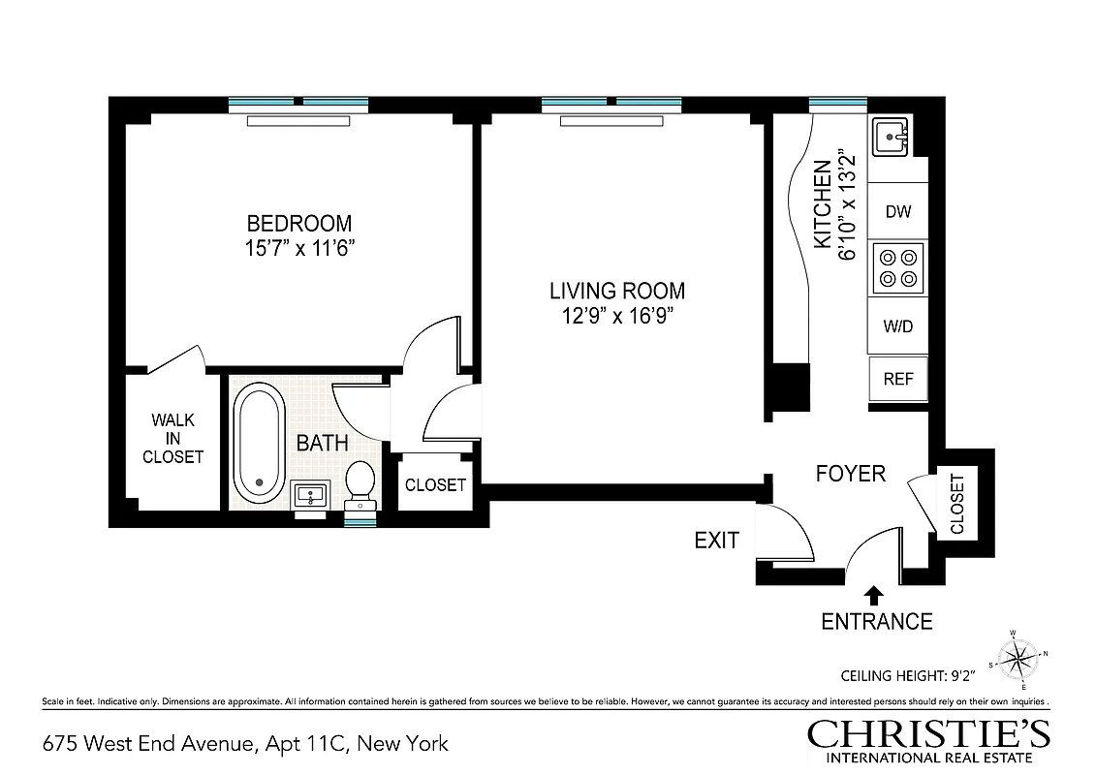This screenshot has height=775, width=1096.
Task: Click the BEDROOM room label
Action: point(298,223)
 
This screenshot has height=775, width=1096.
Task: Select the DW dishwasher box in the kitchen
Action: point(898,211)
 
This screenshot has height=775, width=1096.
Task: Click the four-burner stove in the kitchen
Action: point(898,268)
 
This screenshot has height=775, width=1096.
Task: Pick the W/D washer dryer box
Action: point(898,326)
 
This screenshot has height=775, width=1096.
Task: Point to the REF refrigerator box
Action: point(898,379)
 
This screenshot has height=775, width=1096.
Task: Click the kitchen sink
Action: point(891,138)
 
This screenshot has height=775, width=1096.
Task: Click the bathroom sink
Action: point(311,496)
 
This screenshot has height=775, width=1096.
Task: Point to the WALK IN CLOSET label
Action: point(173,438)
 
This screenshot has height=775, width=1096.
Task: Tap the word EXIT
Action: point(717,541)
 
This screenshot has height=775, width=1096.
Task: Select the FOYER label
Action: point(851,474)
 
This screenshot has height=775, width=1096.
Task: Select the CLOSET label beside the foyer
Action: point(957,504)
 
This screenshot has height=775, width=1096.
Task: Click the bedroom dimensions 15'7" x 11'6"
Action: point(298,248)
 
